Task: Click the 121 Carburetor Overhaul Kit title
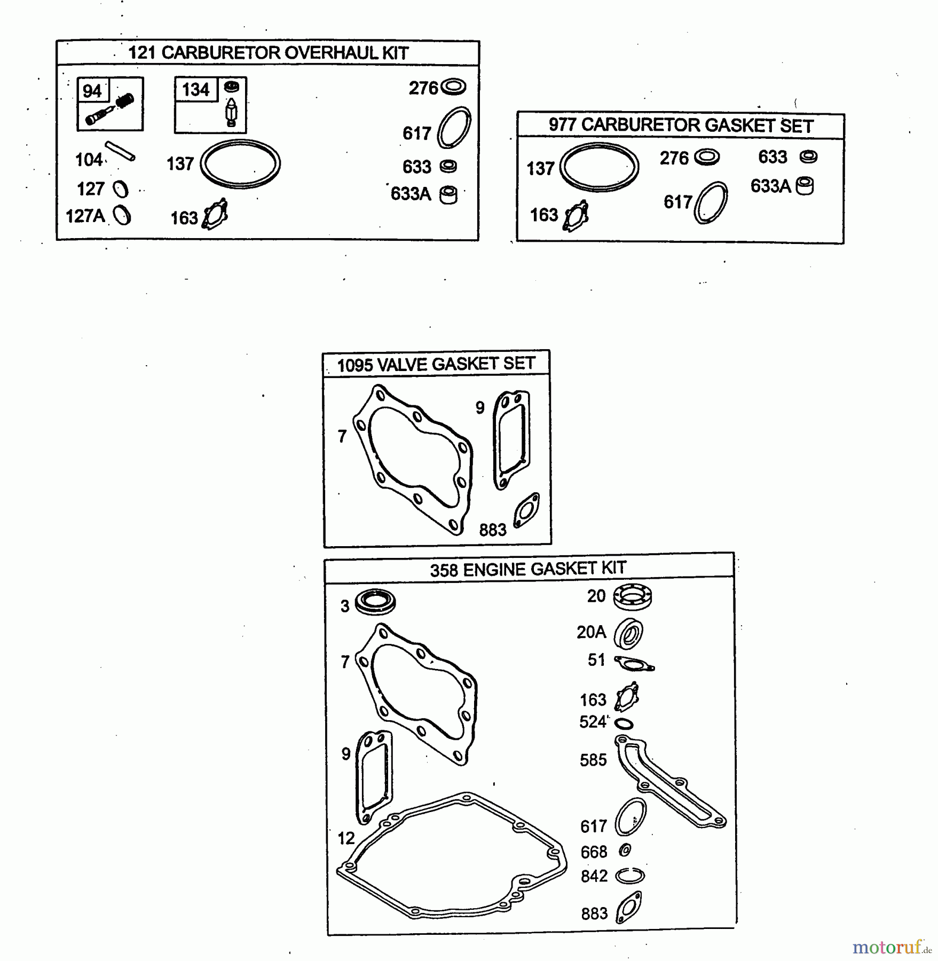pos(268,53)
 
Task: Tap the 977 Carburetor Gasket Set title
pos(681,125)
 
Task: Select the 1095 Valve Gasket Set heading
pos(436,364)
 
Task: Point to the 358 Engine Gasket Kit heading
pos(528,569)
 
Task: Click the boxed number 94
pos(92,91)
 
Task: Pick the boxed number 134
pos(195,89)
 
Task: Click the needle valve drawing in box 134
pos(231,112)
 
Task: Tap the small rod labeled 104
pos(120,151)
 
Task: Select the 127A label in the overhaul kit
pos(85,216)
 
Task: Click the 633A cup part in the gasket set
pos(805,186)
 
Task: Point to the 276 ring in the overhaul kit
pos(453,86)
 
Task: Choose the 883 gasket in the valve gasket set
pos(526,510)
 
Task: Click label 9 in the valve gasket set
pos(480,408)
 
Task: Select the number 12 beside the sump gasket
pos(346,838)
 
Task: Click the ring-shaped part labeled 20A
pos(628,634)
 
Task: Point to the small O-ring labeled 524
pos(624,724)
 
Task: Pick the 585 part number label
pos(593,760)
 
